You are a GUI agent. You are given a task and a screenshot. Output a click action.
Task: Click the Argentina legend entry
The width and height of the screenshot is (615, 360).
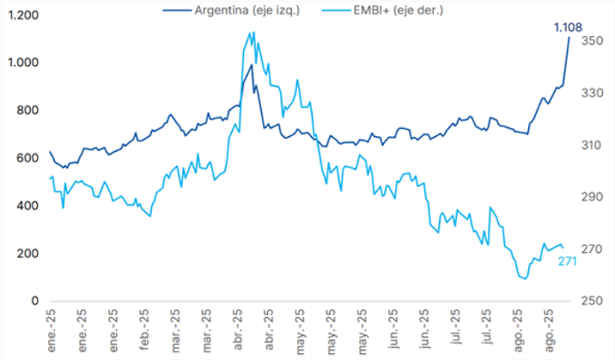pos(231,11)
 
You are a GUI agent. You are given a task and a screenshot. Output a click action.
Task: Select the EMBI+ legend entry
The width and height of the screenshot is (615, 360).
pos(382,11)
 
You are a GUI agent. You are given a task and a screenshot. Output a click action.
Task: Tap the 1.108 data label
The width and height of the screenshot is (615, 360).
pos(568,27)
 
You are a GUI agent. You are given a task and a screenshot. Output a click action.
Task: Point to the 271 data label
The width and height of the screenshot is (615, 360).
pos(568,261)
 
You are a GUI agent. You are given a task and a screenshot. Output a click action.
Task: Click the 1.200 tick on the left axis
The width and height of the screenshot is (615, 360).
pos(24,15)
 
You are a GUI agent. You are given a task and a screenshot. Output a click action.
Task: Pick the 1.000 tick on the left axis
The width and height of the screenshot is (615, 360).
pos(24,62)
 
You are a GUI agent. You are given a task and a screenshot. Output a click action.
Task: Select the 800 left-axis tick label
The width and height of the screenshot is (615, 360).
pos(27,111)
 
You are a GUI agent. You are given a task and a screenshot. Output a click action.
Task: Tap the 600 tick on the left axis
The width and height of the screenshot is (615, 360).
pos(27,158)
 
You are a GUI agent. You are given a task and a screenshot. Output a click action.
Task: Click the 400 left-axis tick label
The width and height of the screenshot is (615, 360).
pos(27,205)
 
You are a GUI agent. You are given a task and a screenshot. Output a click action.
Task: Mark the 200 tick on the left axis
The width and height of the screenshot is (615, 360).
pos(27,254)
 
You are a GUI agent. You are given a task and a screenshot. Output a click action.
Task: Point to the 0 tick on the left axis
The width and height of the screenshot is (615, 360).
pos(35,301)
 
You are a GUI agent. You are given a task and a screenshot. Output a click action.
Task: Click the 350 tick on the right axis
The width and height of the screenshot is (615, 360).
pos(592,40)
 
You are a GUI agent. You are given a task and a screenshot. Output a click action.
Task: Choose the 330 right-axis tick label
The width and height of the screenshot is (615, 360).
pos(592,93)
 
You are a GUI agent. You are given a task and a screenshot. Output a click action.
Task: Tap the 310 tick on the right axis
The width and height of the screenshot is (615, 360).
pos(592,145)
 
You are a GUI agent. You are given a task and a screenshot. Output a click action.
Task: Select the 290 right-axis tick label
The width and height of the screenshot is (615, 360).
pos(592,197)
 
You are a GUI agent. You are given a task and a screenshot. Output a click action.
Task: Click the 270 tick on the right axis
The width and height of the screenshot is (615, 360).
pos(592,249)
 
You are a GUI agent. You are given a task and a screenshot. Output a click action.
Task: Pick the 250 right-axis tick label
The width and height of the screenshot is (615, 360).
pos(592,301)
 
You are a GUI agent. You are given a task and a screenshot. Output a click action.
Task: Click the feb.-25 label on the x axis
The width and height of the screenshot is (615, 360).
pos(144,330)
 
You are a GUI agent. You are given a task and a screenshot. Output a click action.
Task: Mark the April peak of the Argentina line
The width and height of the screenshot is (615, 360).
pos(251,65)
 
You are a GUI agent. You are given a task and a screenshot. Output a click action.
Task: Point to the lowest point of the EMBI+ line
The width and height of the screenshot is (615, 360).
pos(525,279)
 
